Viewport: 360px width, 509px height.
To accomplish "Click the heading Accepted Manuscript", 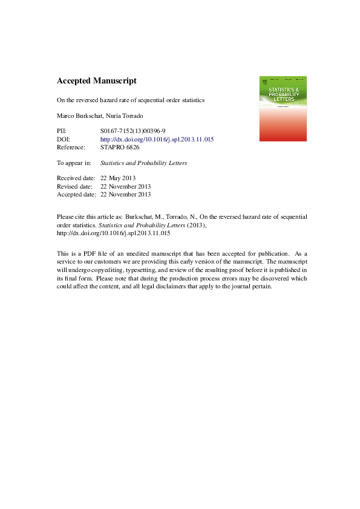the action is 96,80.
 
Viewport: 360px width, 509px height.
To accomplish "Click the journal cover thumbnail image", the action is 283,109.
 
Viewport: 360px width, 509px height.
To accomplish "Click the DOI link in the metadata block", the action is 157,139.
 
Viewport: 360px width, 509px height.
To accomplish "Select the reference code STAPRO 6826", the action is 121,147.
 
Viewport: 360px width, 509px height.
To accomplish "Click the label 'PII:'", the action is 62,131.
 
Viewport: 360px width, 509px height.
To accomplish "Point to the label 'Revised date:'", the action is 75,186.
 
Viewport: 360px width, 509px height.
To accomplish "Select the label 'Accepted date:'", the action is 77,195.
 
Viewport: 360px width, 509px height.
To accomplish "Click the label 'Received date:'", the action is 76,178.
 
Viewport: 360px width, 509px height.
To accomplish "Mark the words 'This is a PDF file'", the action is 89,254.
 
